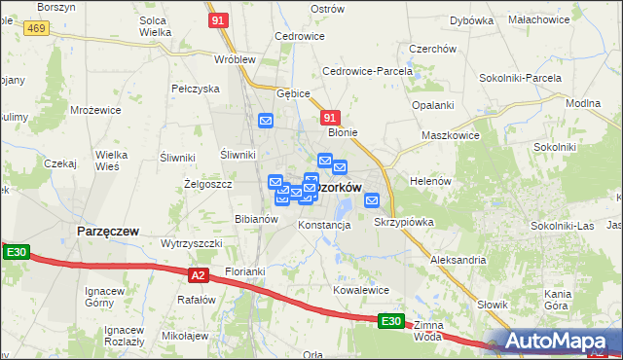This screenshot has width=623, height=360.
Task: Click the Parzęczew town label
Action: click(107, 232)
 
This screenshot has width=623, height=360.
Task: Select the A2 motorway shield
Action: click(199, 275)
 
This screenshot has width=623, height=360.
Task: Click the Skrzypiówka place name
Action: click(404, 222)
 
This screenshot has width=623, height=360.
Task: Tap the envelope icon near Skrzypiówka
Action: click(372, 200)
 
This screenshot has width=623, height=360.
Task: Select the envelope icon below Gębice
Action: click(266, 121)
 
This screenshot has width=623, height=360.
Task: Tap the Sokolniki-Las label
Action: click(562, 226)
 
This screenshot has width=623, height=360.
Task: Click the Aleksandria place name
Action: click(458, 260)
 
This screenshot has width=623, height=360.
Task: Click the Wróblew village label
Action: click(234, 58)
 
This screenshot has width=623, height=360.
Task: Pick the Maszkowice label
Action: click(450, 135)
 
